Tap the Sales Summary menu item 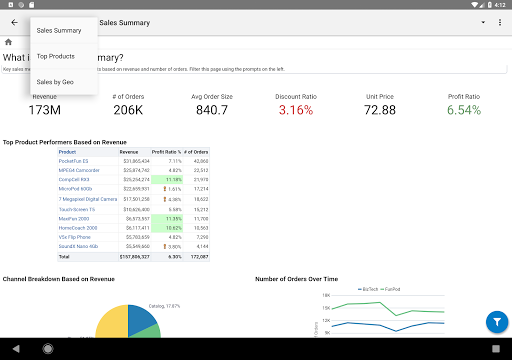[x=59, y=30]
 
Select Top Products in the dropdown [x=56, y=56]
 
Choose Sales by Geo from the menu [x=55, y=81]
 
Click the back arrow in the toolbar [x=14, y=22]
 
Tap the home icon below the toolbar [x=8, y=42]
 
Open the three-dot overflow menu [x=499, y=22]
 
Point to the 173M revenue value [x=44, y=110]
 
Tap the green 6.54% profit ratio [x=463, y=110]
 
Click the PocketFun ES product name [x=74, y=160]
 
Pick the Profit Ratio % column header [x=167, y=152]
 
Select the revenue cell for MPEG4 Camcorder [x=135, y=169]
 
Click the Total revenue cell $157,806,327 [x=133, y=255]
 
